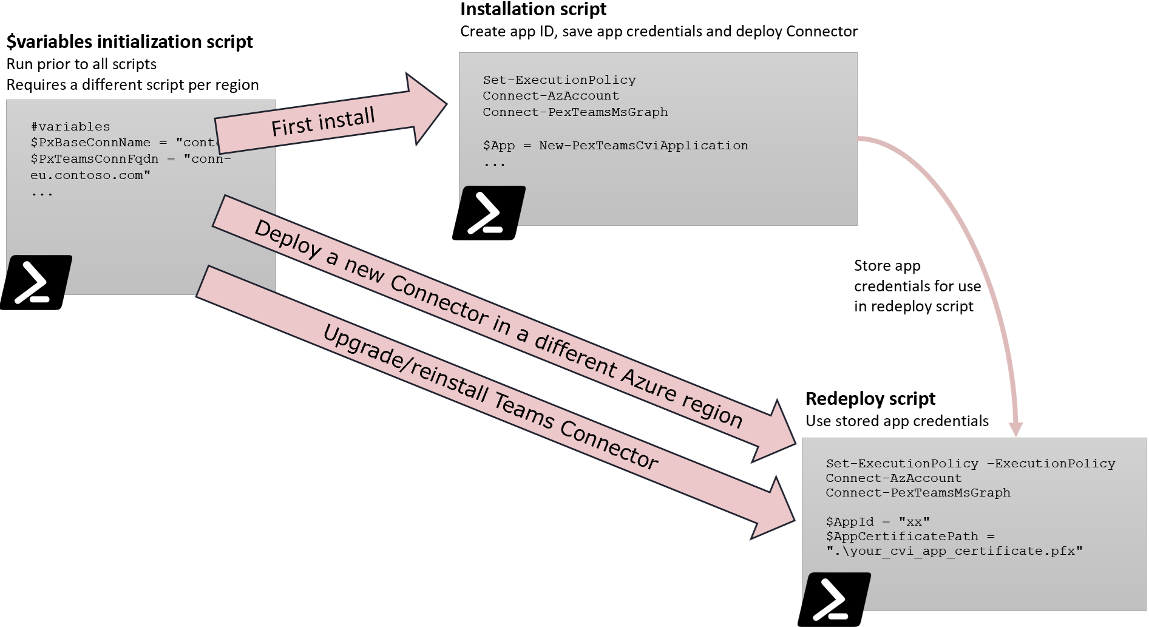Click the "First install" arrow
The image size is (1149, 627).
323,122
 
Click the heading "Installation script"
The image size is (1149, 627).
533,10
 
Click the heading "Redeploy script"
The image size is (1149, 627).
870,399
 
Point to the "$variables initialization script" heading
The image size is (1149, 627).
129,42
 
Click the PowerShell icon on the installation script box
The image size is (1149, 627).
489,212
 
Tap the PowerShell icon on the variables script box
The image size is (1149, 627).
36,282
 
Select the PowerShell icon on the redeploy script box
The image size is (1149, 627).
834,599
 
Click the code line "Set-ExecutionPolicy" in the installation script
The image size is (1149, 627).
559,80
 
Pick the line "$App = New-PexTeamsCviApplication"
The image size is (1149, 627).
615,146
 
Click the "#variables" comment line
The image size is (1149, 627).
70,127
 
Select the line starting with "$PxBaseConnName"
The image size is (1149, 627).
121,143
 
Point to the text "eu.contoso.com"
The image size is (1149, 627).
90,175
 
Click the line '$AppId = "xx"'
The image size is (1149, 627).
877,522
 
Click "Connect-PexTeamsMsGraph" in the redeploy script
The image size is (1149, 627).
918,493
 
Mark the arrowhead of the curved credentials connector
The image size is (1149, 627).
1015,430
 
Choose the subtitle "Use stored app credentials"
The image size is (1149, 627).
896,421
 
